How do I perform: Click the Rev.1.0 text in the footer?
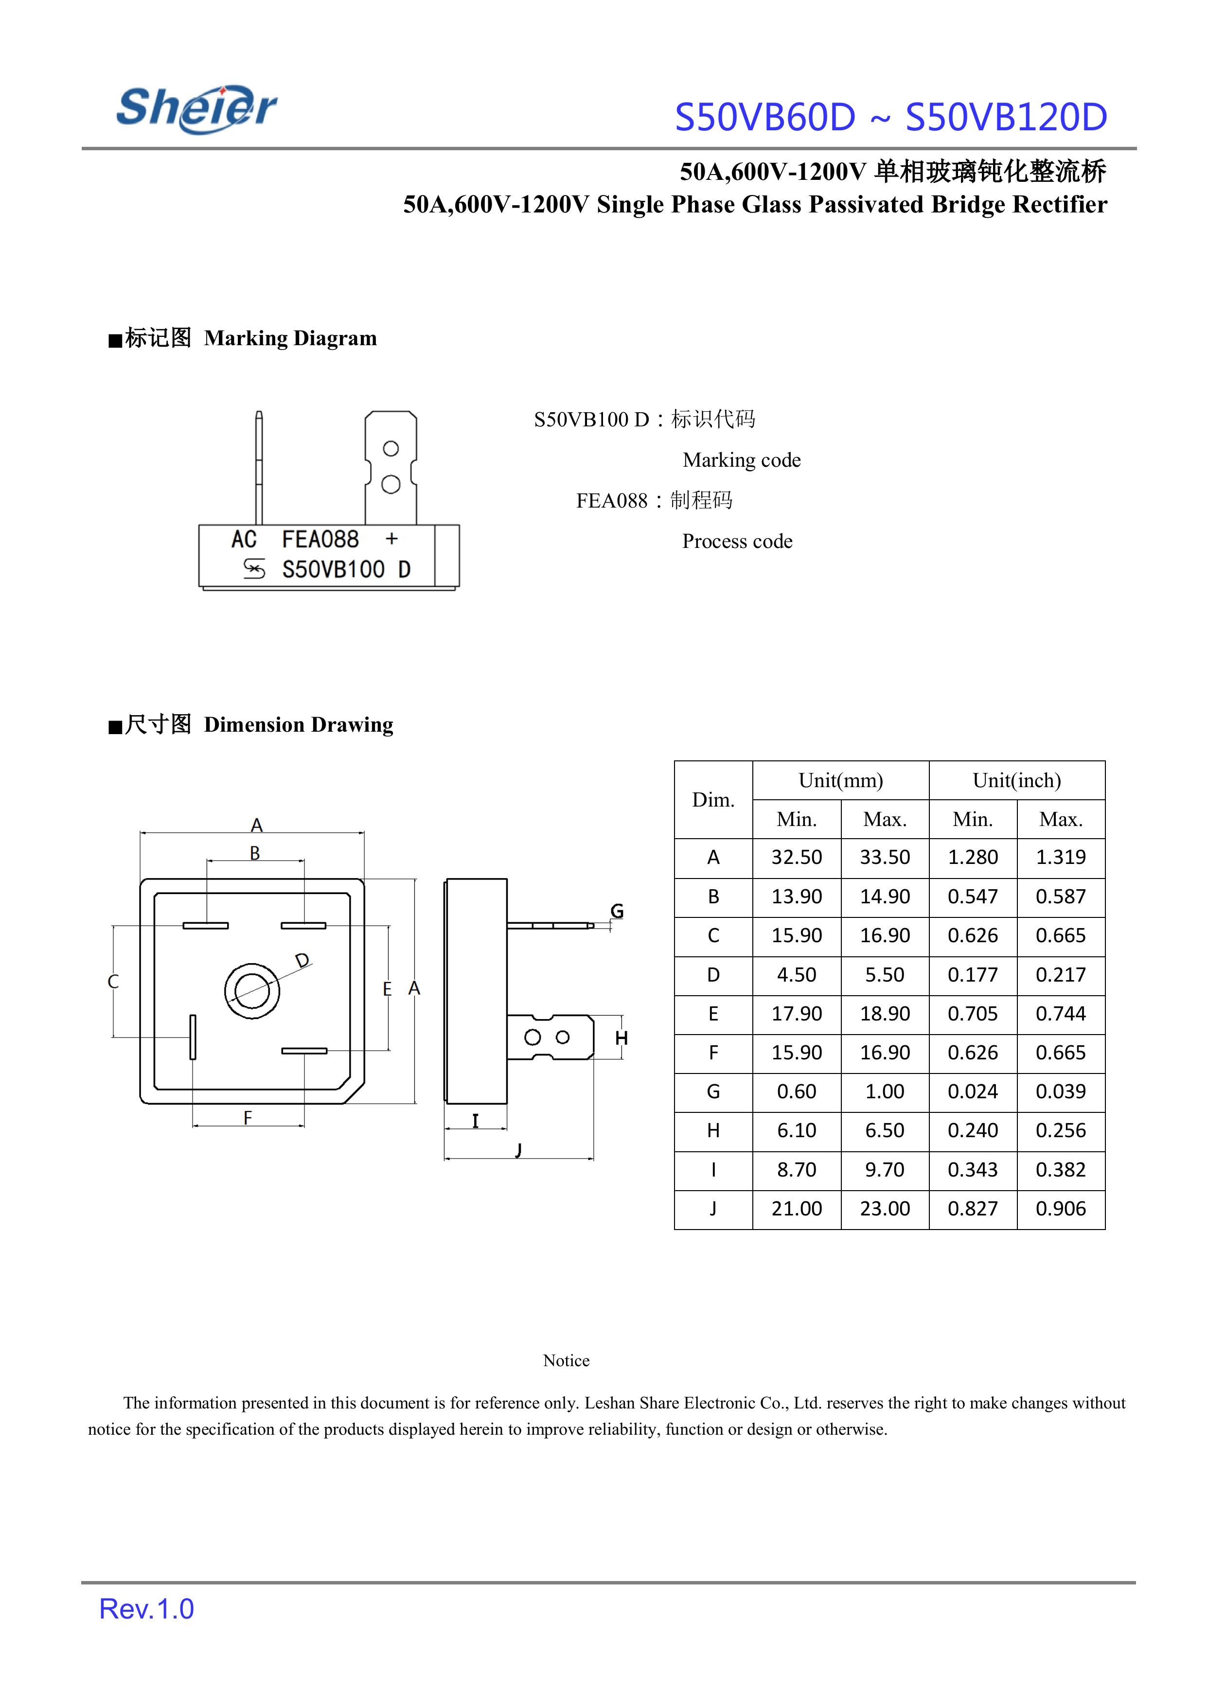pos(146,1609)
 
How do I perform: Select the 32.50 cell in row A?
pos(796,858)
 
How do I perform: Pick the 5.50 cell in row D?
pos(885,975)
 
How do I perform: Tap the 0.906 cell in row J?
pos(1061,1209)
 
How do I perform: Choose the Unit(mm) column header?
pos(840,780)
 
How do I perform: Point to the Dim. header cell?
pos(712,799)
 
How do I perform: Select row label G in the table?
pos(712,1092)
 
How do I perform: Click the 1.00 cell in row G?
pos(885,1092)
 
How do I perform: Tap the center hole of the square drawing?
pos(252,990)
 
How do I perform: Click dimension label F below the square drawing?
pos(248,1117)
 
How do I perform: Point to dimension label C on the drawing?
pos(113,982)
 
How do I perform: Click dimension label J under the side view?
pos(518,1150)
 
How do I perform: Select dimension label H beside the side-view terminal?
pos(622,1038)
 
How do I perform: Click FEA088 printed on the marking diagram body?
pos(320,539)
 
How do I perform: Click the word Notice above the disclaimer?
pos(566,1360)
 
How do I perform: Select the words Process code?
pos(737,542)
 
